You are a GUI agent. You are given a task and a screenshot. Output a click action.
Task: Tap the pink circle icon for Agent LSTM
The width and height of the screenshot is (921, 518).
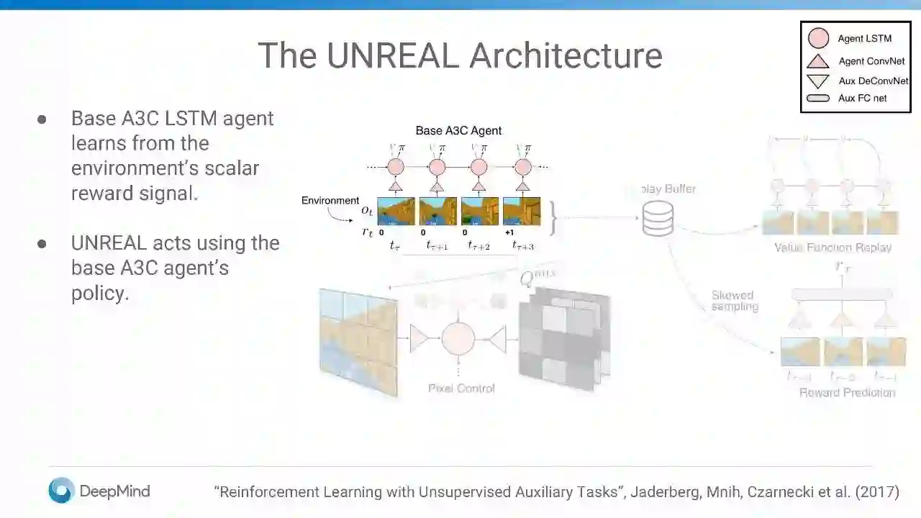pos(818,39)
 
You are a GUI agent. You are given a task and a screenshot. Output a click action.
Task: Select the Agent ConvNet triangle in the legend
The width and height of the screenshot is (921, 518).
pos(818,61)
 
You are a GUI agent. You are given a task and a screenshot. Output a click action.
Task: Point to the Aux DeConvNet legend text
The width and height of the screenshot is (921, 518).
pos(873,81)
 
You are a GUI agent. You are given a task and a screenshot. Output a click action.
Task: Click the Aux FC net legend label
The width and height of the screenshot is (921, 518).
pos(862,98)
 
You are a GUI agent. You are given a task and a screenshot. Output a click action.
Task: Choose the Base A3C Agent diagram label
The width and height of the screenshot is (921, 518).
pos(458,131)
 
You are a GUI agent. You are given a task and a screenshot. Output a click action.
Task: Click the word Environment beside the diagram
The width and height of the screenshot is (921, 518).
pos(330,201)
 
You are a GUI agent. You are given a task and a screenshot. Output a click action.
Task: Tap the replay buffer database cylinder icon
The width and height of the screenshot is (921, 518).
pos(658,219)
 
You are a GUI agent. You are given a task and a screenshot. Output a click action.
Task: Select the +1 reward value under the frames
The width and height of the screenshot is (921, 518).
pos(509,232)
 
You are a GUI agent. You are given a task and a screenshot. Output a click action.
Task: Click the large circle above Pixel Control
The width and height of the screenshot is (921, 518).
pos(458,338)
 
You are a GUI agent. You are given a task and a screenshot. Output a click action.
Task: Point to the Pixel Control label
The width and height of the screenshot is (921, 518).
pos(461,388)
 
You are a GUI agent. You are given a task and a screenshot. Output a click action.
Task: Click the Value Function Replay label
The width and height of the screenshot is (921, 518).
pos(832,247)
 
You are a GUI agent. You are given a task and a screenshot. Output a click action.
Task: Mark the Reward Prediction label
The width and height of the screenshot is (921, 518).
pos(847,393)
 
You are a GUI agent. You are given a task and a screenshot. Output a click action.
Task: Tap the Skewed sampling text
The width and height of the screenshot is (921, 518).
pos(734,301)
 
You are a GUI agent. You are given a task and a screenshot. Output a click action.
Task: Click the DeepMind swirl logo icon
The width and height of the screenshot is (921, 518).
pos(61,491)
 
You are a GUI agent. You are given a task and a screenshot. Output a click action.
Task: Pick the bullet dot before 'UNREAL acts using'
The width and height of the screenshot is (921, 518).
pos(42,244)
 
